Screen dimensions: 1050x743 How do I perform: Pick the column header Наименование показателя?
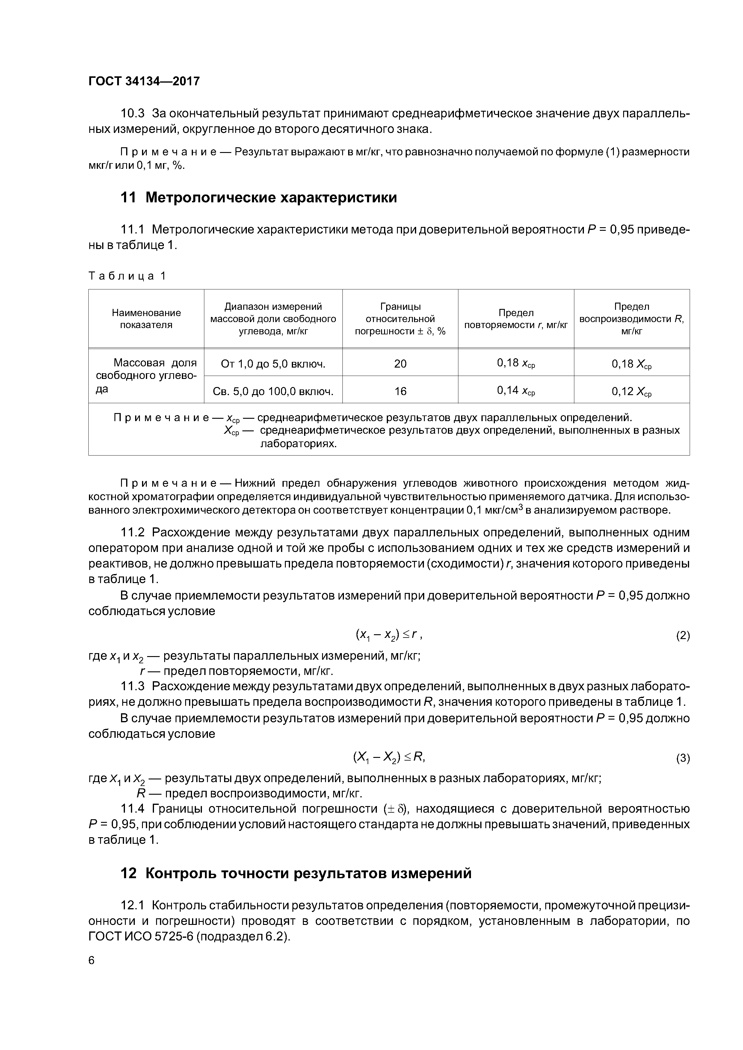146,319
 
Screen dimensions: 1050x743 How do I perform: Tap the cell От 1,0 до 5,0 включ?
273,364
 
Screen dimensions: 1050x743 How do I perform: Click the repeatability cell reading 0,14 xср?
516,391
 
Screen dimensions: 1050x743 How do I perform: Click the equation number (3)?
682,758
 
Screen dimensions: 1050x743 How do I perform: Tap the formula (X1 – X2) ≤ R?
389,757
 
